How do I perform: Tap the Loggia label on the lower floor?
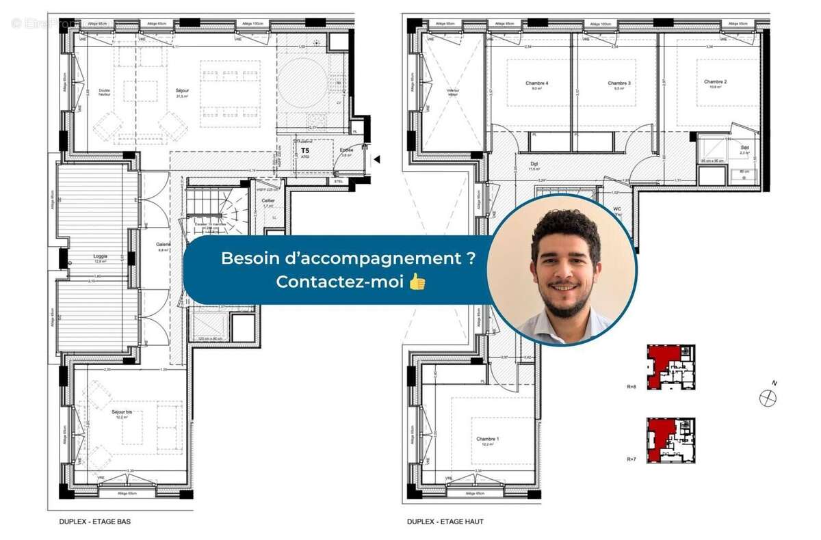point(100,258)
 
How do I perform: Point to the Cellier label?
point(268,201)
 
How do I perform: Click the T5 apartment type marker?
point(305,149)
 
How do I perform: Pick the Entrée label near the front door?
point(347,150)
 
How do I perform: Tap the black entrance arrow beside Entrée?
point(376,159)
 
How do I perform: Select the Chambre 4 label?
point(537,83)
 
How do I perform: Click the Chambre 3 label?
point(618,83)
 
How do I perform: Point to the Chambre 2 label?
point(715,82)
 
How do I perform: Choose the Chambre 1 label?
point(488,439)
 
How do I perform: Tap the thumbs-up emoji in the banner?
point(417,281)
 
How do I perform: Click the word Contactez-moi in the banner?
point(340,281)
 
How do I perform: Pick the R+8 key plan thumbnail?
point(670,366)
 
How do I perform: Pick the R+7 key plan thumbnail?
point(670,439)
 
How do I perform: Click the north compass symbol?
point(768,397)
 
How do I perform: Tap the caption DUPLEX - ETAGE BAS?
point(94,522)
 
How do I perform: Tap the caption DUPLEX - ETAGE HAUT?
point(445,522)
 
